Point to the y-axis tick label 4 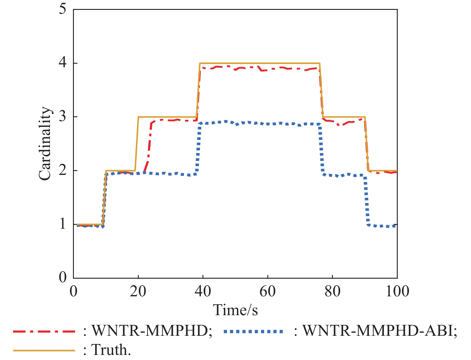pos(63,63)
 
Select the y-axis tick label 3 pos(63,117)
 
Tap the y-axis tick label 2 pos(63,170)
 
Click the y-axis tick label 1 pos(63,224)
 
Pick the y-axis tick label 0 pos(63,277)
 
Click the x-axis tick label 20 pos(138,291)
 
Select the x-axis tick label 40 pos(203,291)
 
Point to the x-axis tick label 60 pos(267,291)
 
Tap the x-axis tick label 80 pos(332,291)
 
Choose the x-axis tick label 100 pos(397,291)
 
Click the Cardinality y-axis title pos(45,144)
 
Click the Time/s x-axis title pos(235,310)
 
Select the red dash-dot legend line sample pos(44,331)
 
